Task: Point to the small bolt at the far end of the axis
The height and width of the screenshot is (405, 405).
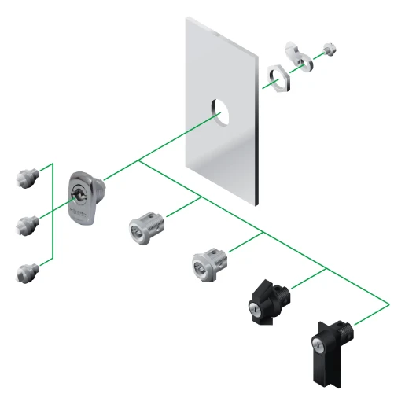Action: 330,49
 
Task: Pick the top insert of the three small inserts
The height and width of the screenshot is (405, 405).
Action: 26,175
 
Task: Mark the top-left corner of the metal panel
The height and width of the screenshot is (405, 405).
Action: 186,20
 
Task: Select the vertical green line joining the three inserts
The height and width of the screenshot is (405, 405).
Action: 53,212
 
